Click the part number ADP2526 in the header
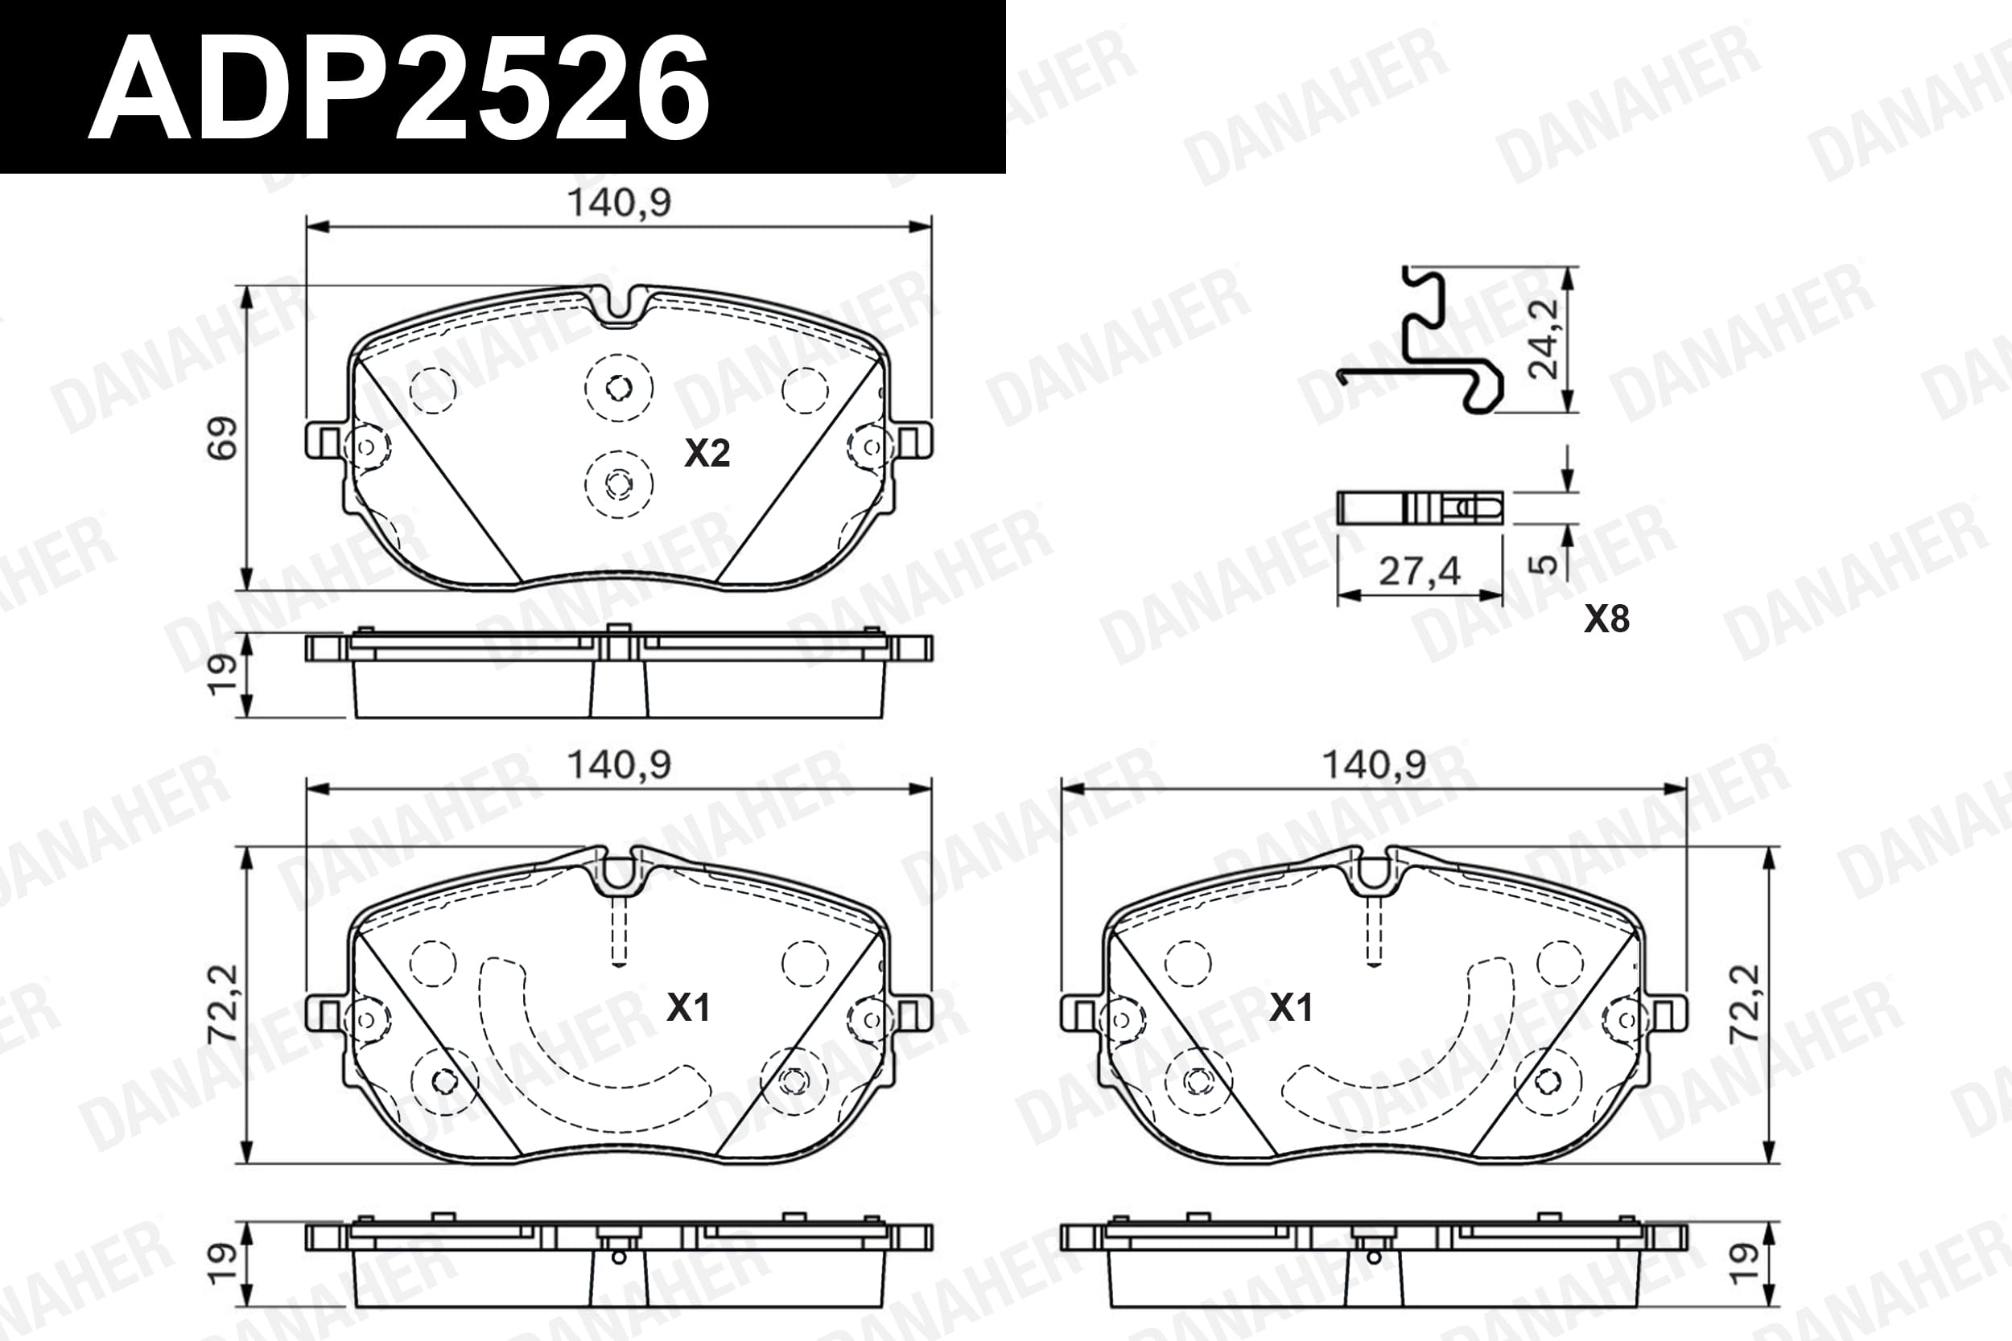pos(398,89)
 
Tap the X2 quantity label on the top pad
pos(707,453)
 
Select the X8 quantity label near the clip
pos(1606,619)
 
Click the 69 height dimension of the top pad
pos(222,438)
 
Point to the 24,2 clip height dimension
pos(1545,339)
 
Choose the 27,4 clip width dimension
pos(1420,570)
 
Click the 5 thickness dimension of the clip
pos(1545,565)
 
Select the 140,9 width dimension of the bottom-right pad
pos(1374,763)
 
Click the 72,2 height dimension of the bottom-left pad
pos(222,1004)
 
